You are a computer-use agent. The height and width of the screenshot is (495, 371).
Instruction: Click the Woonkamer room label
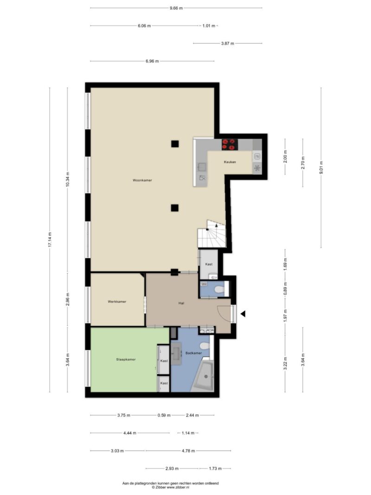(x=142, y=180)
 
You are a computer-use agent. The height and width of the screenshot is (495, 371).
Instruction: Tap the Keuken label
(x=230, y=162)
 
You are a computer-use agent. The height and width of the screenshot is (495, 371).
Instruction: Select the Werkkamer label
(x=117, y=302)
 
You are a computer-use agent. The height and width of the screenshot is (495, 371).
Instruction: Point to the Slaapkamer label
(x=126, y=359)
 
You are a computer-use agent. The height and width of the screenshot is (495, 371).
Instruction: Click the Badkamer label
(x=194, y=353)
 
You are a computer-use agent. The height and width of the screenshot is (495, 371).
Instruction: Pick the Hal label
(x=181, y=303)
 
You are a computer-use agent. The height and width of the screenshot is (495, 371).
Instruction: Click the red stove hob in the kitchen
(x=230, y=145)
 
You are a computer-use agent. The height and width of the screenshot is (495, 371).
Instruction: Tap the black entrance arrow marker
(x=243, y=314)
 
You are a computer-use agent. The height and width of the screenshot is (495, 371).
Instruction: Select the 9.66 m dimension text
(x=176, y=8)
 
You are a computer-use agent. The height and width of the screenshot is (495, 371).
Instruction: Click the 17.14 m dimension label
(x=50, y=240)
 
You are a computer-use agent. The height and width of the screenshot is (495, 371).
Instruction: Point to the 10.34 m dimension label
(x=68, y=180)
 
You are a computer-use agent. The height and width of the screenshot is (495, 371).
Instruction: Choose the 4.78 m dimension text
(x=188, y=451)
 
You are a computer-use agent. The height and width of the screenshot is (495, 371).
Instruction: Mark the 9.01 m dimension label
(x=321, y=167)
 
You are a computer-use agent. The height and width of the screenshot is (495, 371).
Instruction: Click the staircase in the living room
(x=212, y=234)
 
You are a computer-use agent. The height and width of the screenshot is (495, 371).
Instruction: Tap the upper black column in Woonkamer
(x=175, y=144)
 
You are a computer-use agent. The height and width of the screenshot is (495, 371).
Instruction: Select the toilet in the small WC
(x=219, y=289)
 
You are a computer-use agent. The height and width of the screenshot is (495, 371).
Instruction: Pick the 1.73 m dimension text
(x=215, y=469)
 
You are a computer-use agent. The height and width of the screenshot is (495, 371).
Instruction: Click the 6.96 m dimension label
(x=152, y=61)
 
